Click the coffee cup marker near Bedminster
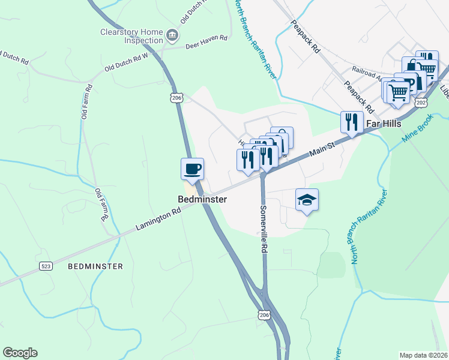tap(192, 169)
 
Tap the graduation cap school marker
tap(307, 200)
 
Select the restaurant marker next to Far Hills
tap(351, 122)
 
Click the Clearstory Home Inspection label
tap(132, 37)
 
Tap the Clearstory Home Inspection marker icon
tap(172, 35)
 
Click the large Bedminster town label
tap(202, 199)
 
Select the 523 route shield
tap(46, 265)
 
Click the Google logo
tap(20, 353)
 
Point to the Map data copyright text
tap(423, 355)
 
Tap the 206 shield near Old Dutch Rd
tap(176, 97)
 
